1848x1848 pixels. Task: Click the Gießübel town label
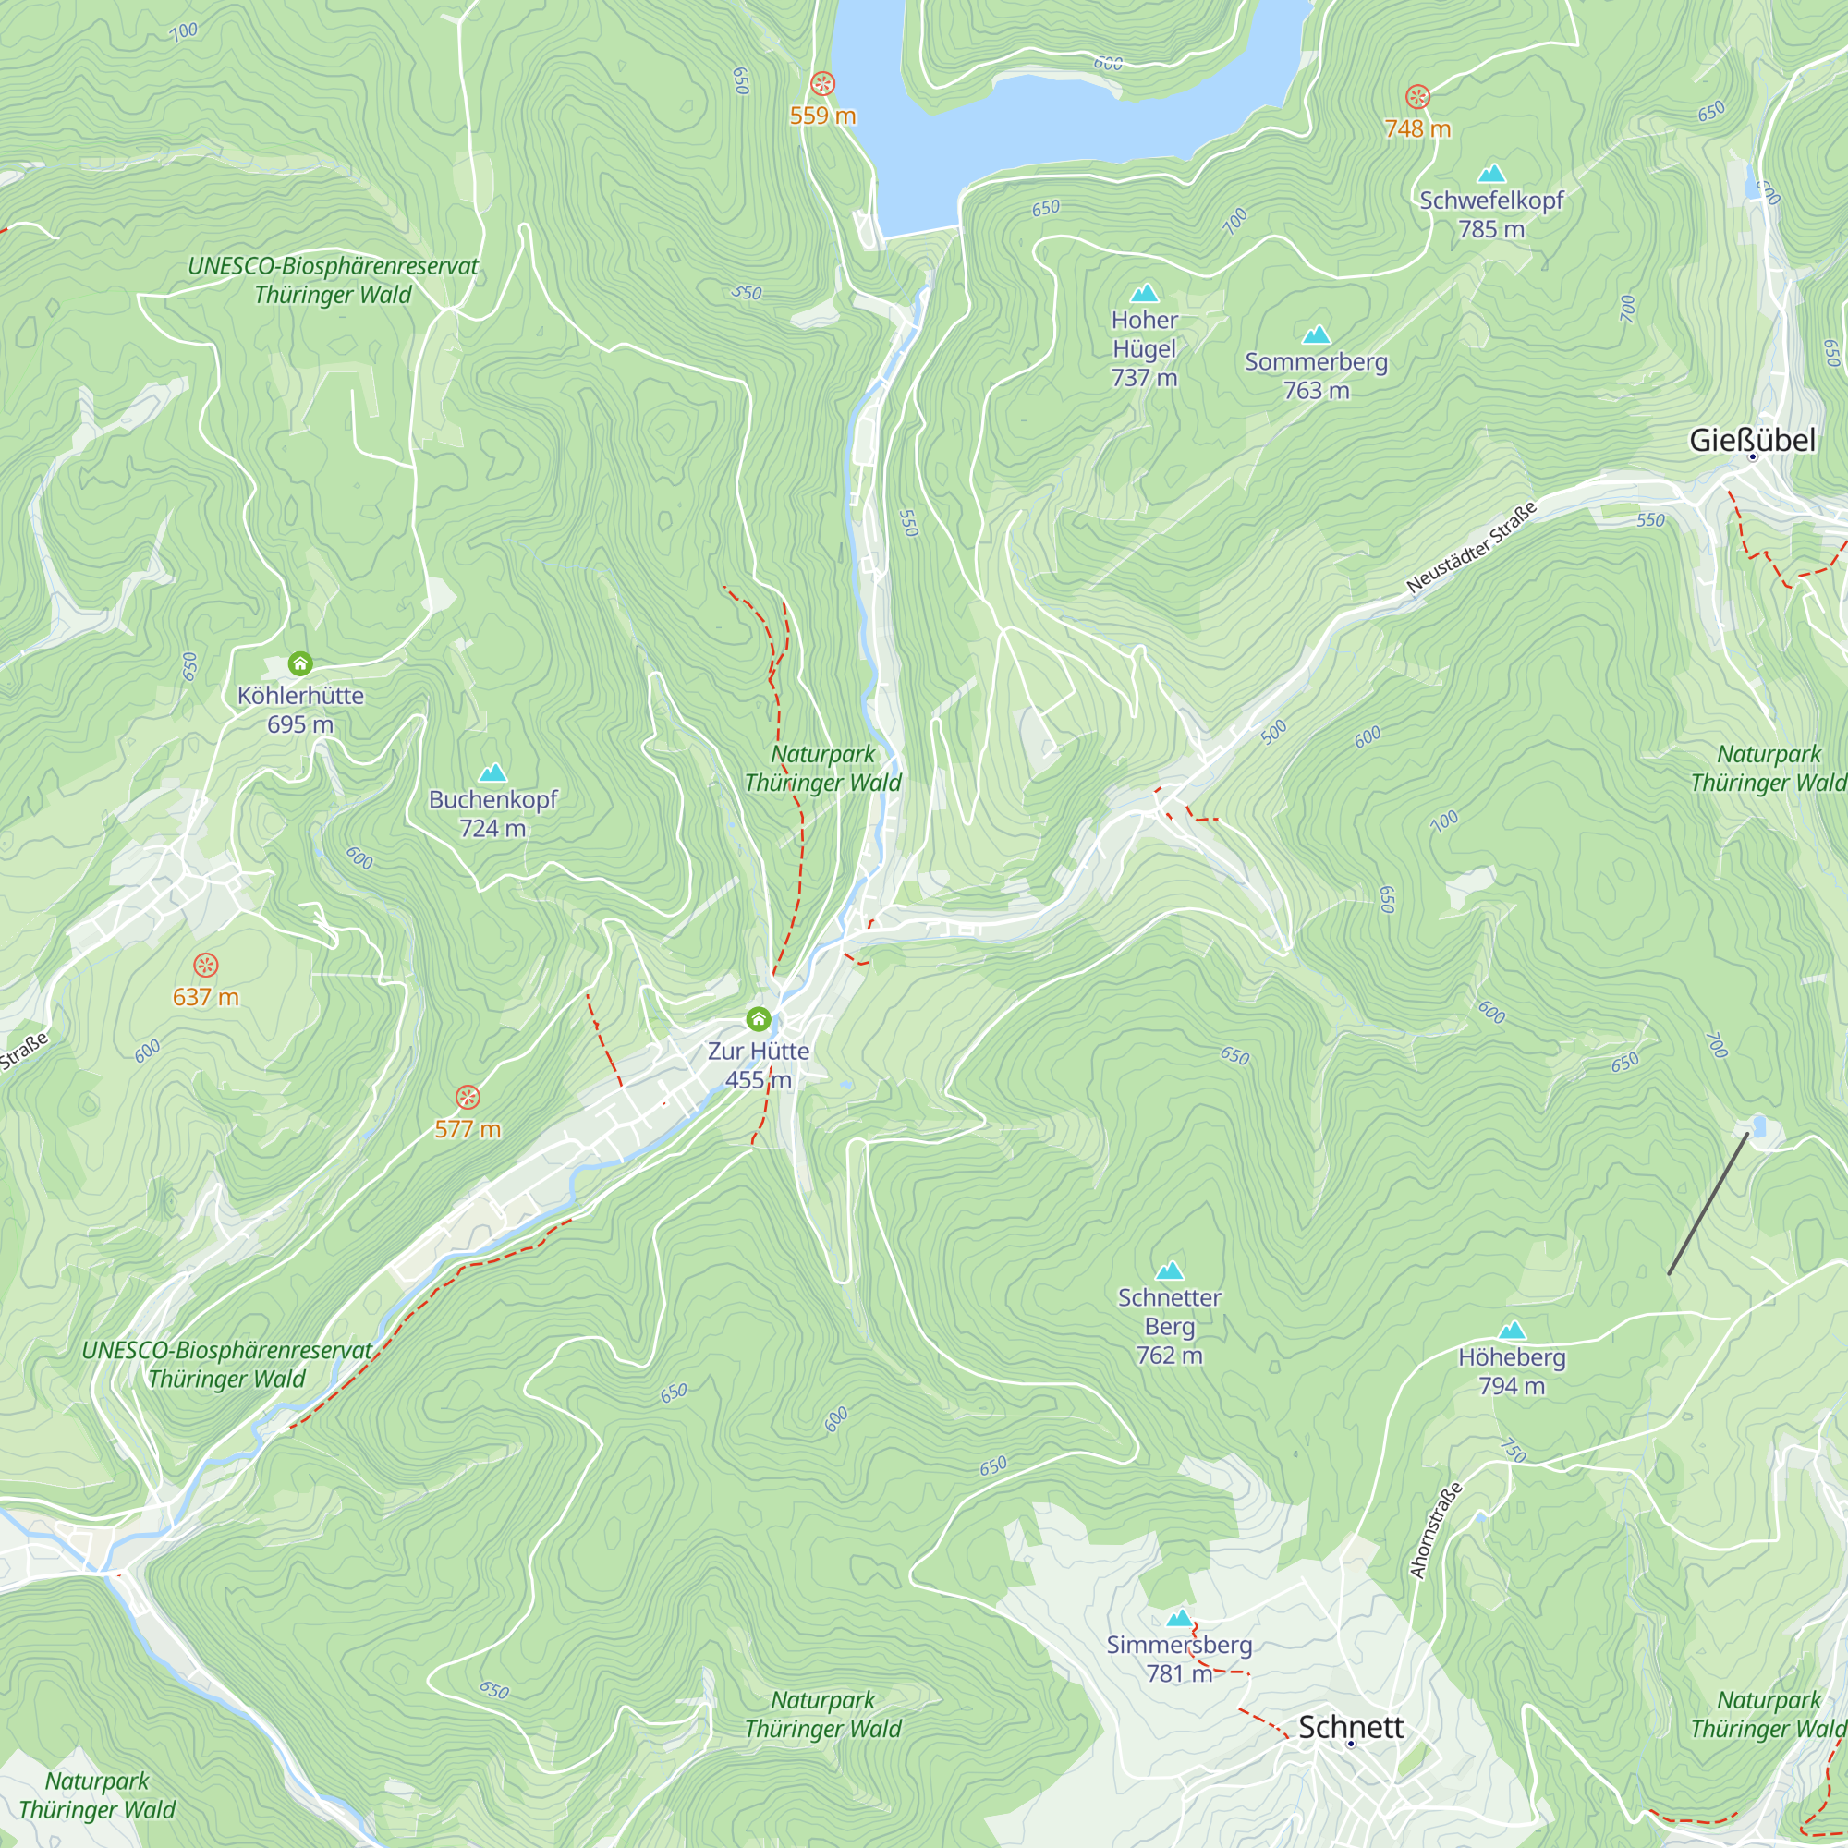[x=1751, y=440]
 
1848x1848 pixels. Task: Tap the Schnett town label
[x=1351, y=1727]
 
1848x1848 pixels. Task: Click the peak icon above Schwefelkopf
[x=1491, y=174]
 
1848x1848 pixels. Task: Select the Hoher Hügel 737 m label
[x=1144, y=348]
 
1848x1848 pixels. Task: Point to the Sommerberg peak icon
[x=1316, y=334]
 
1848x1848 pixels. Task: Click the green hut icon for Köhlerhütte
[x=300, y=663]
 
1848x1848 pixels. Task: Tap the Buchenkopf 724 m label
[x=492, y=813]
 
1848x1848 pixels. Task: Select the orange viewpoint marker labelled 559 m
[x=821, y=84]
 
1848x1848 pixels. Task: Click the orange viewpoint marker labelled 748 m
[x=1417, y=97]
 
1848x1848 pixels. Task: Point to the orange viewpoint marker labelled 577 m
[x=467, y=1096]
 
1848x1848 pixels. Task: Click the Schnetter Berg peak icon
[x=1169, y=1271]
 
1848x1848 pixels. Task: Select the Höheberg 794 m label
[x=1512, y=1370]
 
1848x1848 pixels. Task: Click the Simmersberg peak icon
[x=1179, y=1619]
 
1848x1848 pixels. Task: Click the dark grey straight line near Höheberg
[x=1708, y=1203]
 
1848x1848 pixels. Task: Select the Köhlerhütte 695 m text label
[x=300, y=709]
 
